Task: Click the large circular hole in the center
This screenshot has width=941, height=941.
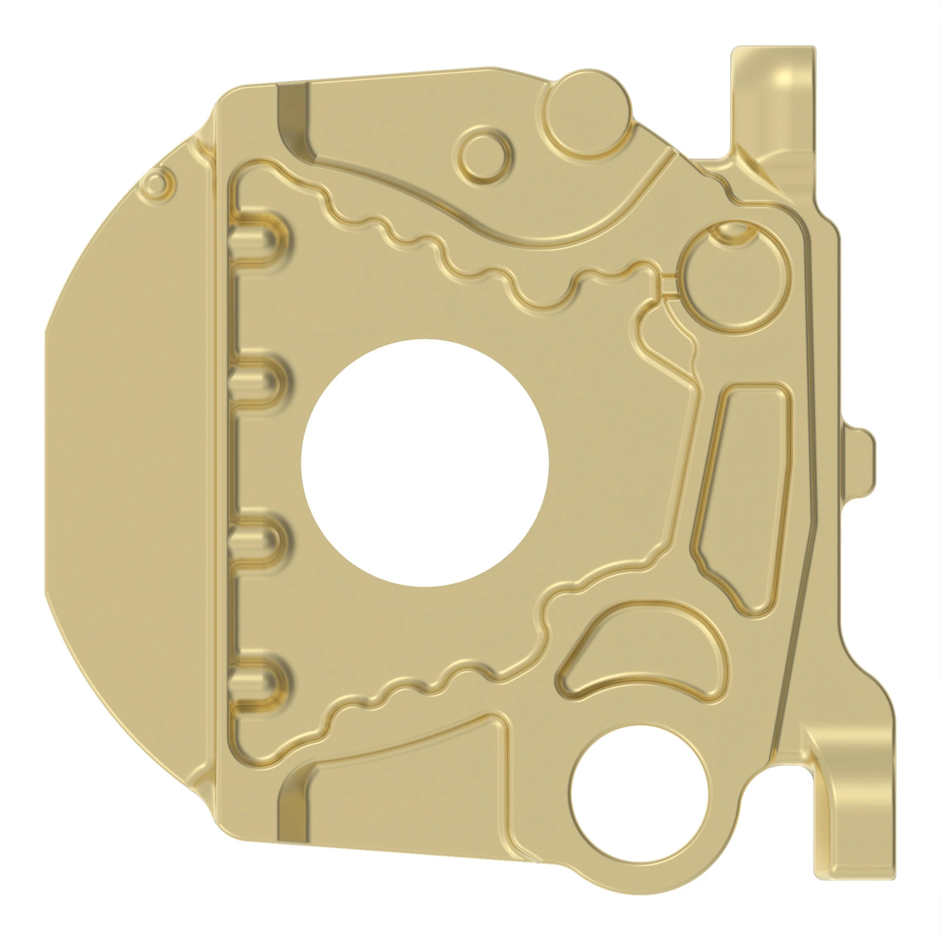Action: point(425,463)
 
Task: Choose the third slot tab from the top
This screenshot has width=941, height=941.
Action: point(257,540)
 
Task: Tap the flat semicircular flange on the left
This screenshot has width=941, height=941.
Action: point(132,463)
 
